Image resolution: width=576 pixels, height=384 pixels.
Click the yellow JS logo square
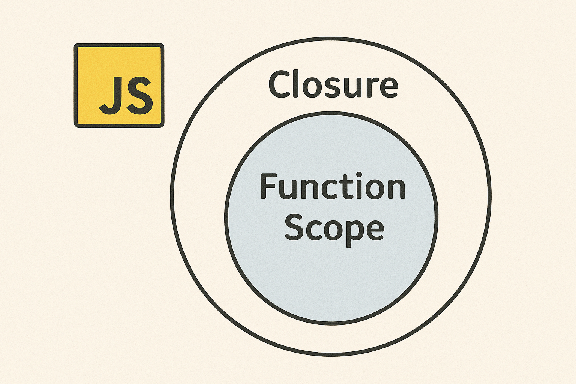pos(119,85)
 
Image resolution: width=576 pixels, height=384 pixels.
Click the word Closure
pos(333,85)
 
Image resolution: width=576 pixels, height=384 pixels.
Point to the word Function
pos(333,186)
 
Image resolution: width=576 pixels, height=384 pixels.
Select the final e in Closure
pos(387,87)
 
